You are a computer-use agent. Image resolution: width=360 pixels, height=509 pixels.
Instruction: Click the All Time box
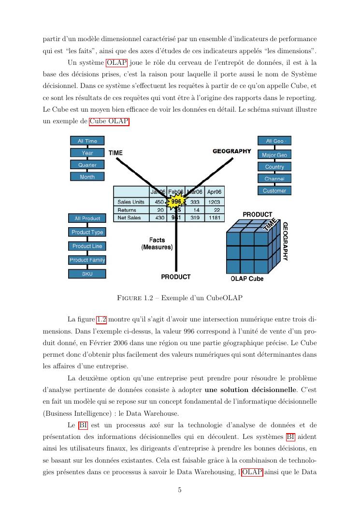click(x=87, y=141)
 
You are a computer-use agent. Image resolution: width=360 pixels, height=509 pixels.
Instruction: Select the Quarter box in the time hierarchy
click(x=87, y=165)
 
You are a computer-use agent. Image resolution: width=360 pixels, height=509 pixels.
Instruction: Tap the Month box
click(x=87, y=177)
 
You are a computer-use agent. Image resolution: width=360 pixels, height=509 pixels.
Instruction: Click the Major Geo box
click(x=274, y=155)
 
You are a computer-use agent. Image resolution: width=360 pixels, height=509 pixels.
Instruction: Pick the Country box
click(x=274, y=167)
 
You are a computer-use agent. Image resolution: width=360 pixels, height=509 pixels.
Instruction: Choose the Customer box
click(x=274, y=190)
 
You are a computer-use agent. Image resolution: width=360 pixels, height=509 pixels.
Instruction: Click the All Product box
click(x=87, y=218)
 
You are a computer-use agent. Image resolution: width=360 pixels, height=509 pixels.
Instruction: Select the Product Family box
click(x=87, y=260)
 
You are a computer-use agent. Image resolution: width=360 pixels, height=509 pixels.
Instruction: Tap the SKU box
click(x=87, y=274)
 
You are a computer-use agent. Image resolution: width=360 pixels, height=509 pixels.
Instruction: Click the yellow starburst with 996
click(x=176, y=202)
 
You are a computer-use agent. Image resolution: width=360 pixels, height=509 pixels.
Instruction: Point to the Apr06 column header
click(x=214, y=191)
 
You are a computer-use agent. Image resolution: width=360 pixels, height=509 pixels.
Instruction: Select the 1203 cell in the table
click(x=214, y=202)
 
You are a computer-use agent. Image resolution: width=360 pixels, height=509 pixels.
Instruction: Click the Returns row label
click(x=127, y=210)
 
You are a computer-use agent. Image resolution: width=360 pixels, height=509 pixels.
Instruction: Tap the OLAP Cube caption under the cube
click(x=247, y=279)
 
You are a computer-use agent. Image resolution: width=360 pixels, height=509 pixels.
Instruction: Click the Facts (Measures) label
click(x=157, y=244)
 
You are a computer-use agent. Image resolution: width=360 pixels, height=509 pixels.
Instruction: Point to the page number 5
click(x=180, y=490)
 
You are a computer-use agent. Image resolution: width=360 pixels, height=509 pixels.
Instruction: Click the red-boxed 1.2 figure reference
click(x=101, y=319)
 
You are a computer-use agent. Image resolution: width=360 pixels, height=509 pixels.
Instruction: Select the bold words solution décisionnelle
click(x=250, y=390)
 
